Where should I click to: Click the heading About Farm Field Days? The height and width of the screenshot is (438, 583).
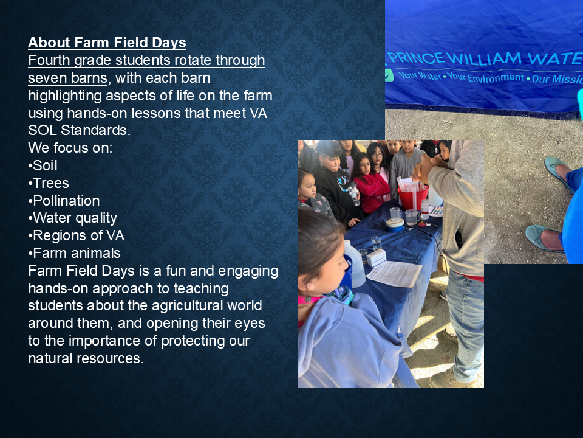[x=107, y=43]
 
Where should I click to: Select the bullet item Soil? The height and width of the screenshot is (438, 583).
[x=43, y=165]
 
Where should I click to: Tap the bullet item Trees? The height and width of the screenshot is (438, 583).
[x=49, y=183]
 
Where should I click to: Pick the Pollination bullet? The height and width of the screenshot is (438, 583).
[x=64, y=201]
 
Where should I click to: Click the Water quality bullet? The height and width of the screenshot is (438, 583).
[x=72, y=218]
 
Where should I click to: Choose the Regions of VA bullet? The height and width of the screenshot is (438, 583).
[x=77, y=236]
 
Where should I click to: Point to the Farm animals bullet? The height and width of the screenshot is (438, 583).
[x=74, y=253]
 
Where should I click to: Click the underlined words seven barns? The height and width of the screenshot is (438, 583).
[x=67, y=78]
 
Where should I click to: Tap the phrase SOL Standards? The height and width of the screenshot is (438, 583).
[x=79, y=130]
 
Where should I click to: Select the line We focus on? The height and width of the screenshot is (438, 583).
[x=70, y=148]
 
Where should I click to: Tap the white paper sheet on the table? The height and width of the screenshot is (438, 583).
[x=394, y=273]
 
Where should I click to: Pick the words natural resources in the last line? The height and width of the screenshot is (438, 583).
[x=86, y=358]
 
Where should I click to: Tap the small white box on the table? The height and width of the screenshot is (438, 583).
[x=377, y=258]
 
